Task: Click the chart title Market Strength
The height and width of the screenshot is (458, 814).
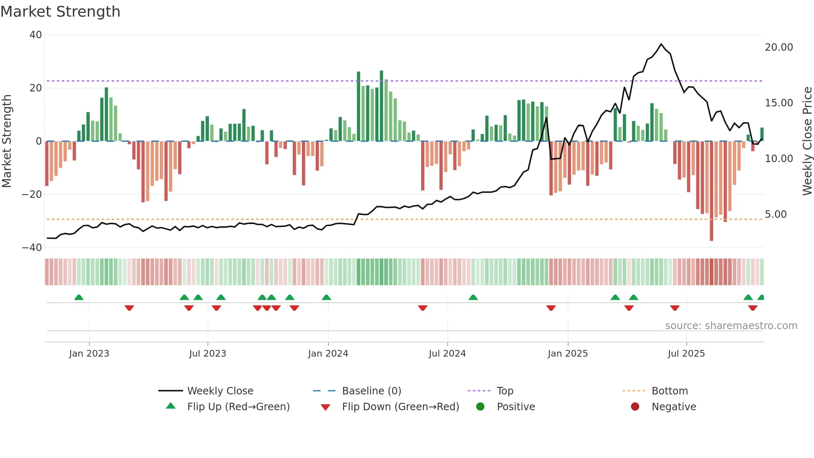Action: [x=61, y=12]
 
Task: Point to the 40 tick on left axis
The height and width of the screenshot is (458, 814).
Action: [x=36, y=35]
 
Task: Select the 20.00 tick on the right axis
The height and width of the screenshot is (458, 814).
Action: [x=779, y=47]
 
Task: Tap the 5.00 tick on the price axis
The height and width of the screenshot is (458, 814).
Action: [x=776, y=214]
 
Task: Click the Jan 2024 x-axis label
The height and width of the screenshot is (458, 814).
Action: [x=328, y=354]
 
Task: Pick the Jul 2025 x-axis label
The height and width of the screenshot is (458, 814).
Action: [x=686, y=354]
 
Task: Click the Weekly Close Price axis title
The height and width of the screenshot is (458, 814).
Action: [x=807, y=141]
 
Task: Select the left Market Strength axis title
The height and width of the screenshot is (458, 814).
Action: [x=7, y=141]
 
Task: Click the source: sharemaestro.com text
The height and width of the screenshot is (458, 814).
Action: [x=731, y=326]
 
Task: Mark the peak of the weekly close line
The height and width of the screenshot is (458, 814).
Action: [x=661, y=44]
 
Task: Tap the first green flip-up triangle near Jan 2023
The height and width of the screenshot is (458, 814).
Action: [x=79, y=297]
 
